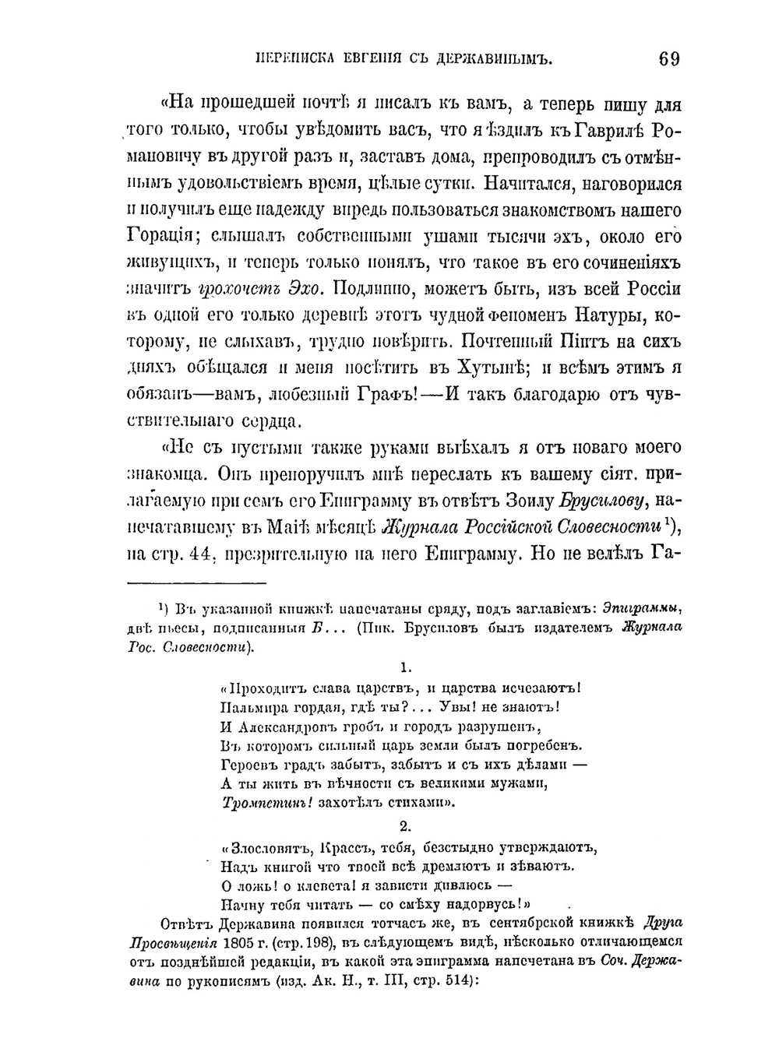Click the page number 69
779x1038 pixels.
pos(668,59)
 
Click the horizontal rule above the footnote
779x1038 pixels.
pos(196,582)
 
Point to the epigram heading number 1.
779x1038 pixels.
pos(404,667)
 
